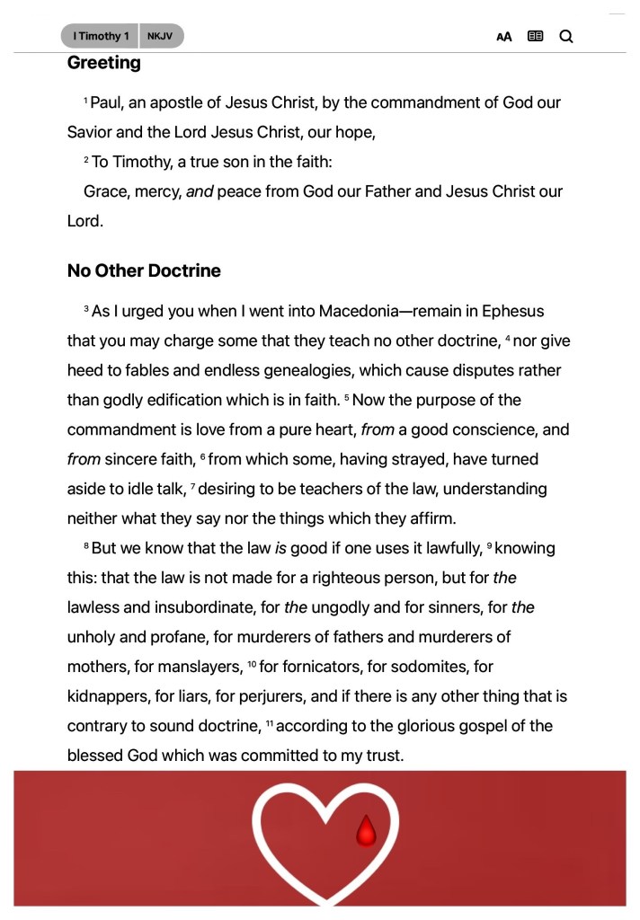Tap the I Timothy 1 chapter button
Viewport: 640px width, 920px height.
pos(101,36)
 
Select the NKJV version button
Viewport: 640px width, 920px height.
pos(161,36)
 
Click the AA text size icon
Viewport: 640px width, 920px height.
pos(504,37)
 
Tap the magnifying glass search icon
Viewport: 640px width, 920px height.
pos(566,36)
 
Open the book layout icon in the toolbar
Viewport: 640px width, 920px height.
pos(536,36)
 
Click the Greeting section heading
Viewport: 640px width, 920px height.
pos(104,63)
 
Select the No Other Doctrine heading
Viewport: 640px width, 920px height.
pos(144,270)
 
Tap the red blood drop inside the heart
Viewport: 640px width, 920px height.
pos(365,831)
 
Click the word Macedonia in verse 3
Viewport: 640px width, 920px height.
pos(343,311)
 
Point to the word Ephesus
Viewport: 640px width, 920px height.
pos(512,311)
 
